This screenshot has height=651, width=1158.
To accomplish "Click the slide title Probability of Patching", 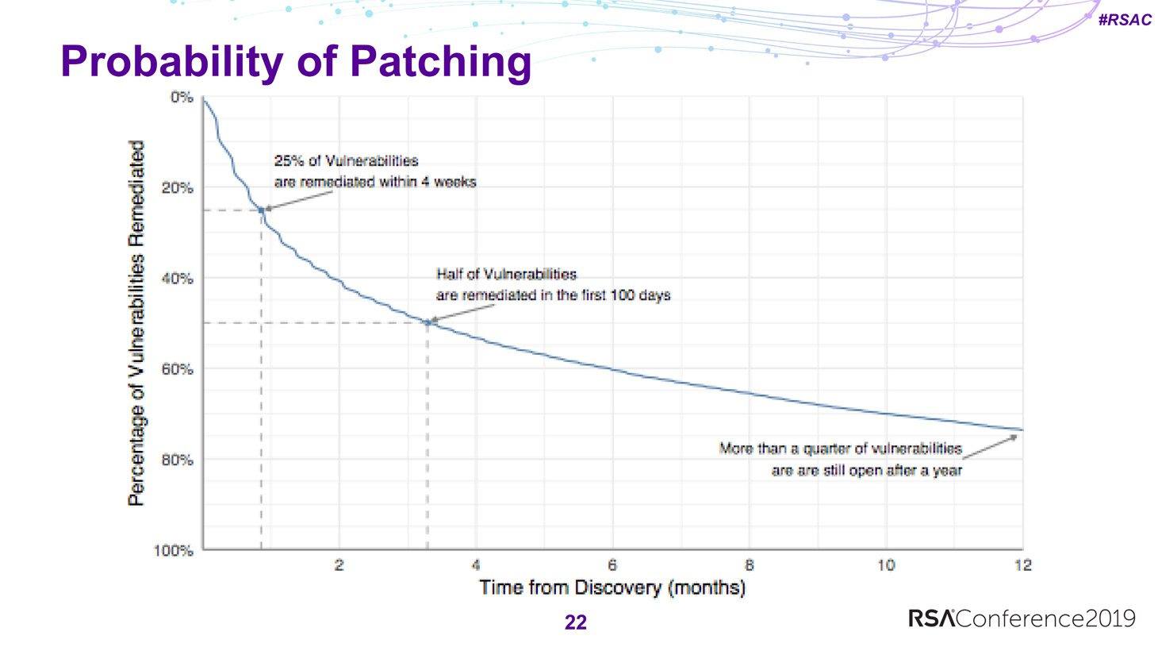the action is click(296, 64).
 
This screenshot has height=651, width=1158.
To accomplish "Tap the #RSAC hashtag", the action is click(1125, 20).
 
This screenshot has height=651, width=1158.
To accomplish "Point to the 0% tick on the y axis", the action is click(182, 98).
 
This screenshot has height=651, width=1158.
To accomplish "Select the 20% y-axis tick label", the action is click(178, 188).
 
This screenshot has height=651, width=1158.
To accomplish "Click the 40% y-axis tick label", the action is click(178, 279).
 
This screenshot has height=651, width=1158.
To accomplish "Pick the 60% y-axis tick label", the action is click(178, 369).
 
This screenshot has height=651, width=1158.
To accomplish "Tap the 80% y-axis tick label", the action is click(178, 460).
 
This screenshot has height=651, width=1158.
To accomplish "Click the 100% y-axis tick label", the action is click(173, 551).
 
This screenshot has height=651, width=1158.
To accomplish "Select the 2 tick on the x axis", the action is click(339, 565).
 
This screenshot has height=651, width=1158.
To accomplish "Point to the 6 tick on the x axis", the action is click(612, 565).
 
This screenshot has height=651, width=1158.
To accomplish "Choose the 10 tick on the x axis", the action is click(886, 565).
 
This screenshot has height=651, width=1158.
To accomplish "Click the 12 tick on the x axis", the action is click(1023, 565).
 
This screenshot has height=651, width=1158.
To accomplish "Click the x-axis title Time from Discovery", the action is click(570, 587).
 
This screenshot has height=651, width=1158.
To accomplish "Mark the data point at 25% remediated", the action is click(262, 210).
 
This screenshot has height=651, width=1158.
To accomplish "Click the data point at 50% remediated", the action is click(428, 323).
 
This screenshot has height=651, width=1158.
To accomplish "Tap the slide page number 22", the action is click(575, 622).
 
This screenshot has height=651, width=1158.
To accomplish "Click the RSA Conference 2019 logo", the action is click(1022, 619).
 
